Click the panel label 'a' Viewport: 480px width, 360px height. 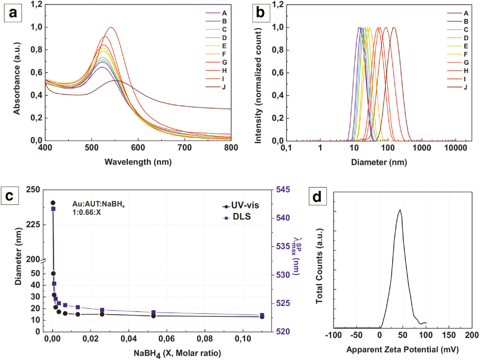(x=13, y=13)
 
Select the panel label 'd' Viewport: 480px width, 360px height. (x=317, y=196)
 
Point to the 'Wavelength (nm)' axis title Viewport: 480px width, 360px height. (x=138, y=162)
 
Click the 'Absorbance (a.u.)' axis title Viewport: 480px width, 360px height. (x=16, y=79)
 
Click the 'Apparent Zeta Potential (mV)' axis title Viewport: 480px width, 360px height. (x=402, y=349)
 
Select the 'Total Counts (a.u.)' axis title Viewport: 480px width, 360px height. (x=319, y=266)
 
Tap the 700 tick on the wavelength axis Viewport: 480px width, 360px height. (x=184, y=148)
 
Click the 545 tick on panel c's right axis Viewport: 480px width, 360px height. (x=283, y=190)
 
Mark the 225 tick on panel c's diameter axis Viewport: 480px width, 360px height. (x=33, y=225)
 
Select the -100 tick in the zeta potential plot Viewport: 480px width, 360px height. (x=333, y=335)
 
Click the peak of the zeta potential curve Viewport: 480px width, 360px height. (x=400, y=210)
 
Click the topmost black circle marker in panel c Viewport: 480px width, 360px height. (x=53, y=203)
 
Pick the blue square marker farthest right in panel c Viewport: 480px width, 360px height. (x=262, y=315)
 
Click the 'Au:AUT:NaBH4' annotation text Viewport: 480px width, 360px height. (x=98, y=204)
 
